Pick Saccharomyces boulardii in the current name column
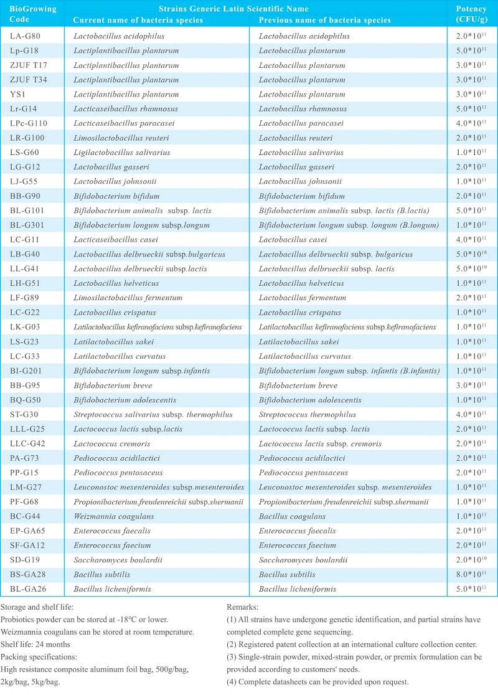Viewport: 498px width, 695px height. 117,560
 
